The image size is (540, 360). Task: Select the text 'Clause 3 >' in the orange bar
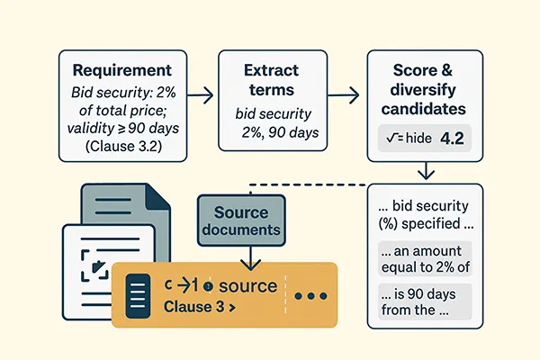(199, 307)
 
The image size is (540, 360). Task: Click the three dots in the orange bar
(310, 295)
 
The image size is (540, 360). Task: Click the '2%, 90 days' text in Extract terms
(276, 132)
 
